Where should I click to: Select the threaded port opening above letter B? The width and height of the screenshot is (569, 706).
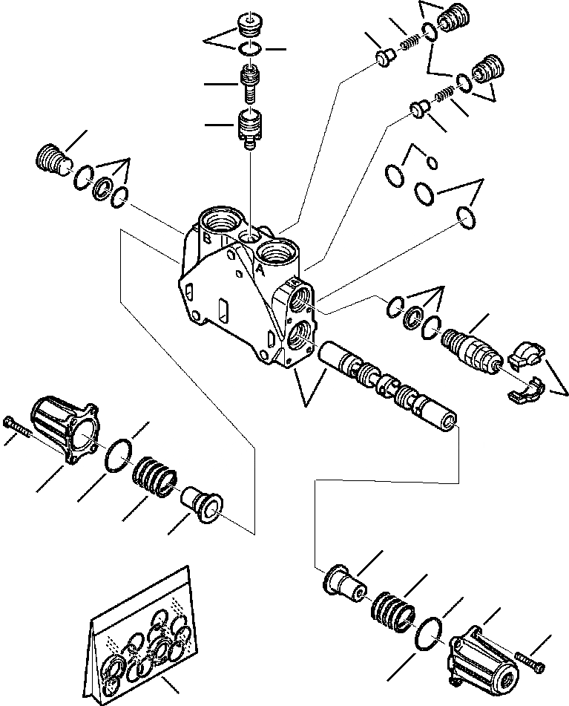click(x=220, y=222)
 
